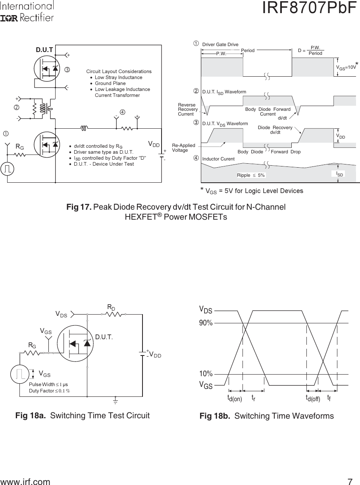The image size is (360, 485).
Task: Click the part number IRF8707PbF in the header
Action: [x=310, y=9]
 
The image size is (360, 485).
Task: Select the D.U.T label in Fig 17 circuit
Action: [x=44, y=50]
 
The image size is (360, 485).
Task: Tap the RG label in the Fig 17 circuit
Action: [x=19, y=147]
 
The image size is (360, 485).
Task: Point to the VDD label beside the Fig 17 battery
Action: [x=154, y=144]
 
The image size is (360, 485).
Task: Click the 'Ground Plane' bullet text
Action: [x=110, y=83]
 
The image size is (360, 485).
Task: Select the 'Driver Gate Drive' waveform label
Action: [x=220, y=44]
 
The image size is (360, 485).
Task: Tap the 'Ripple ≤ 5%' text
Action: [x=250, y=175]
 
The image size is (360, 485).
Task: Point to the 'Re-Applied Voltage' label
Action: [x=183, y=148]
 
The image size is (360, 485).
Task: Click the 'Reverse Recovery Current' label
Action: [x=188, y=109]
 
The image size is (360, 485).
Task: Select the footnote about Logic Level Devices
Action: [x=252, y=191]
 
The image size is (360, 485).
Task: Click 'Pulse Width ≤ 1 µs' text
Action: [x=48, y=385]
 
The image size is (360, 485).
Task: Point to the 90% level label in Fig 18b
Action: [x=206, y=323]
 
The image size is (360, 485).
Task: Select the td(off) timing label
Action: [x=313, y=398]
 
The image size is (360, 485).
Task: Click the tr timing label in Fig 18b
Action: [x=253, y=398]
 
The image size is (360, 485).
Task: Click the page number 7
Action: [x=350, y=482]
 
